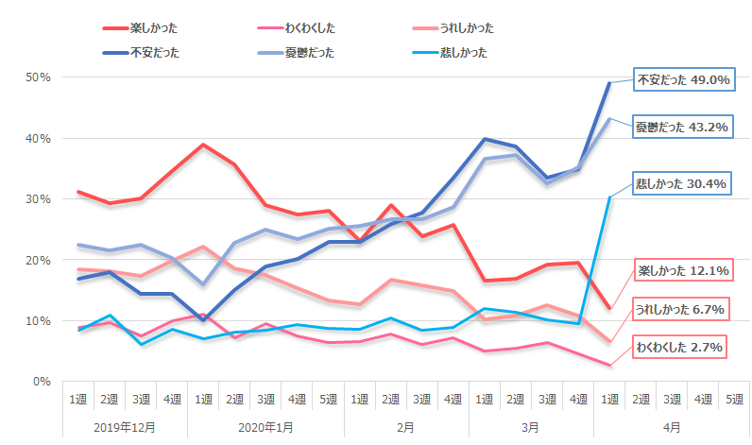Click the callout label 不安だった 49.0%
[683, 81]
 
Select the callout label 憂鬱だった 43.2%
[683, 126]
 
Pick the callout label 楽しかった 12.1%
[683, 271]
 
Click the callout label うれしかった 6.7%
[683, 309]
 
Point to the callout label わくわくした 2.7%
[683, 348]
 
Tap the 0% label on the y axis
[40, 382]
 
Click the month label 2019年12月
[125, 427]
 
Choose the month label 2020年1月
[265, 427]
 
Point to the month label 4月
[672, 427]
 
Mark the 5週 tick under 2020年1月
[328, 400]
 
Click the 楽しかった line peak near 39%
[203, 145]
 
